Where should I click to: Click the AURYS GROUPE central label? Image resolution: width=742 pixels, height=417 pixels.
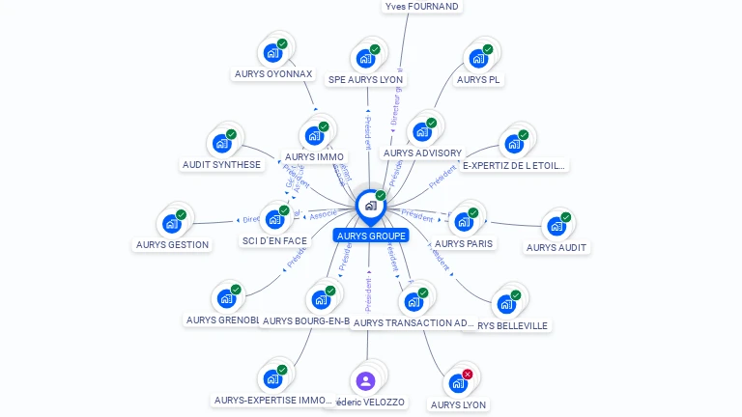coord(371,236)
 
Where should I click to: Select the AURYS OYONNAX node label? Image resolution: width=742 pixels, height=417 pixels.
coord(273,73)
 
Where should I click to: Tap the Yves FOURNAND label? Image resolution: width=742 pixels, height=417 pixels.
coord(421,6)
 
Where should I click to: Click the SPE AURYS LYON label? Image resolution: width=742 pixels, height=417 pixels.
coord(365,79)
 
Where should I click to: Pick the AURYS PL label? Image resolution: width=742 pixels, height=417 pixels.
coord(478,79)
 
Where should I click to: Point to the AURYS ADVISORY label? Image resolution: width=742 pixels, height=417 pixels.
coord(422,153)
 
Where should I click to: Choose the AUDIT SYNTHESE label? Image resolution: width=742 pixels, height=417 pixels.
coord(222,164)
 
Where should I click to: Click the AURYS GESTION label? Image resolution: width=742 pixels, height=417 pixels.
coord(173,244)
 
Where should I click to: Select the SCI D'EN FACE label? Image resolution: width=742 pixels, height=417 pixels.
coord(274,240)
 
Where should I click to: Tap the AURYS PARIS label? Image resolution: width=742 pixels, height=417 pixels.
coord(465,243)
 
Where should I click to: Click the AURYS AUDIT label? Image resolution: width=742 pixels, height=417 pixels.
coord(556,247)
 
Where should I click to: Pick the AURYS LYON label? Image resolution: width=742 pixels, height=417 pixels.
coord(459,404)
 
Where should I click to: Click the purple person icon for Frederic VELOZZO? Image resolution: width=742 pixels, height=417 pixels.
coord(365,381)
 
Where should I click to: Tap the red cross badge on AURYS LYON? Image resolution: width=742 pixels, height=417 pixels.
coord(468,374)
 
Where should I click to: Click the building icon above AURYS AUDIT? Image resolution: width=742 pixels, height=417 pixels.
coord(556,227)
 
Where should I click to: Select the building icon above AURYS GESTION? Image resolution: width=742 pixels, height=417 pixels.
coord(172,224)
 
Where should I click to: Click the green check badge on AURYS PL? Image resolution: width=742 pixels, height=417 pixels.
coord(488,49)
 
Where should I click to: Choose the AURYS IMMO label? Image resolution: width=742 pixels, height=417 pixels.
coord(315,156)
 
